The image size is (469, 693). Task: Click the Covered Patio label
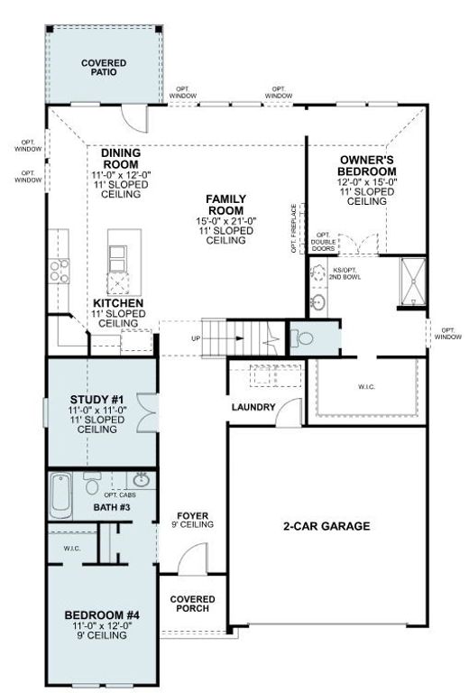[x=104, y=67]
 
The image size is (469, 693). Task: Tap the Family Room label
[x=226, y=205]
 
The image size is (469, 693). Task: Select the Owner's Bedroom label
[x=366, y=165]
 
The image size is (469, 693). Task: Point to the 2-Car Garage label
[x=326, y=526]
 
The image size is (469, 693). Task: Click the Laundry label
[x=253, y=407]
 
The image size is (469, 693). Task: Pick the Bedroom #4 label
[x=102, y=614]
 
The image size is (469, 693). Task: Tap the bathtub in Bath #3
[x=60, y=495]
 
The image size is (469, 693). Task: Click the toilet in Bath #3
[x=92, y=483]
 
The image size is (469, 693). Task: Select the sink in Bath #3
[x=141, y=479]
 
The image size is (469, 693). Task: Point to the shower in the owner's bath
[x=413, y=282]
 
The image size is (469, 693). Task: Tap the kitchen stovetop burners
[x=60, y=271]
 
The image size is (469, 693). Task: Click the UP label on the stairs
[x=196, y=338]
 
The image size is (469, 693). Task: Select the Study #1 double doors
[x=147, y=412]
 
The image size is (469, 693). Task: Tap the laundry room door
[x=290, y=412]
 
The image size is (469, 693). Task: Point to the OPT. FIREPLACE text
[x=294, y=228]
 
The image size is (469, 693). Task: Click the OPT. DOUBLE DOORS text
[x=323, y=242]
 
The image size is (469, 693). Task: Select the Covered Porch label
[x=192, y=604]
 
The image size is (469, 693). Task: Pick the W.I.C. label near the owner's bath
[x=366, y=387]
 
